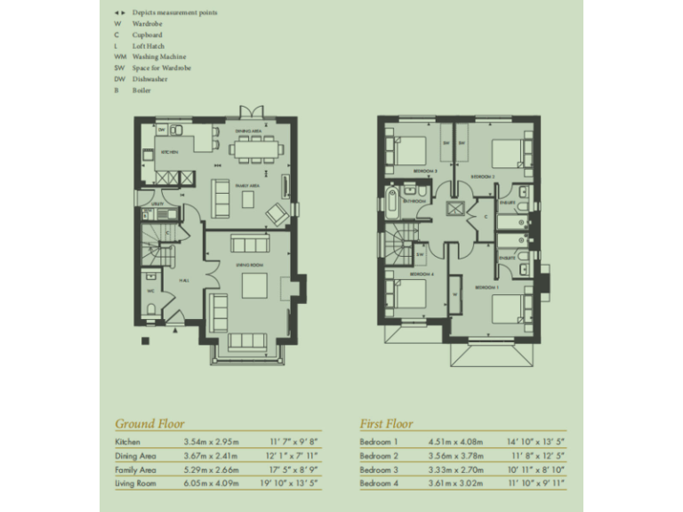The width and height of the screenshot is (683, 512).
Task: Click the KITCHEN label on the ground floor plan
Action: pos(169,152)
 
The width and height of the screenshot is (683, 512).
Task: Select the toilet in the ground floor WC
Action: pos(151,308)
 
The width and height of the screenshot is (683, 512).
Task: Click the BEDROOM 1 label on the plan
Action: pos(485,288)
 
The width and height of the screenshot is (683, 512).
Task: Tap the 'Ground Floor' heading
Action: pos(149,424)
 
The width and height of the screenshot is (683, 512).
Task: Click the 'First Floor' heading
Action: pos(386,424)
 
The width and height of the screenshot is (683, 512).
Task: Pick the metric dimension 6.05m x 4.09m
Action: pos(211,483)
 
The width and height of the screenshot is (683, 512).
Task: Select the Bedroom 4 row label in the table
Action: pos(379,483)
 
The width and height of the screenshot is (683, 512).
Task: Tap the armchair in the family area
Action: pos(277,213)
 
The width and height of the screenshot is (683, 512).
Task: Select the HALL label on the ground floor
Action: pos(182,282)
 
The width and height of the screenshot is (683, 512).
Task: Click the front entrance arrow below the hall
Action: pos(177,331)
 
